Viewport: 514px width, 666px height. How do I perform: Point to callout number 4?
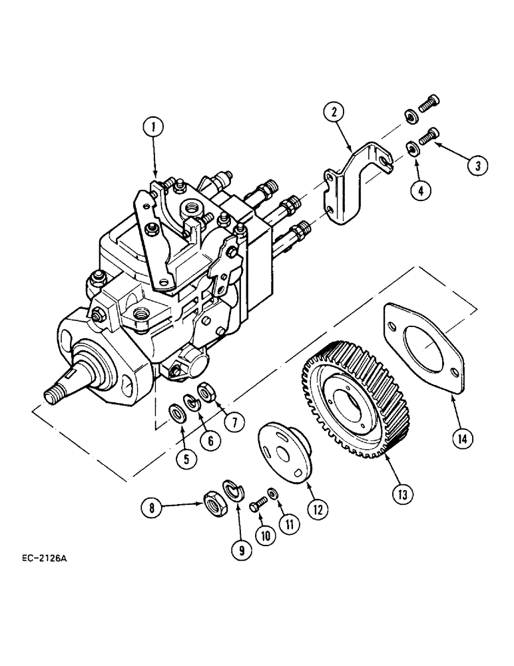[421, 190]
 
